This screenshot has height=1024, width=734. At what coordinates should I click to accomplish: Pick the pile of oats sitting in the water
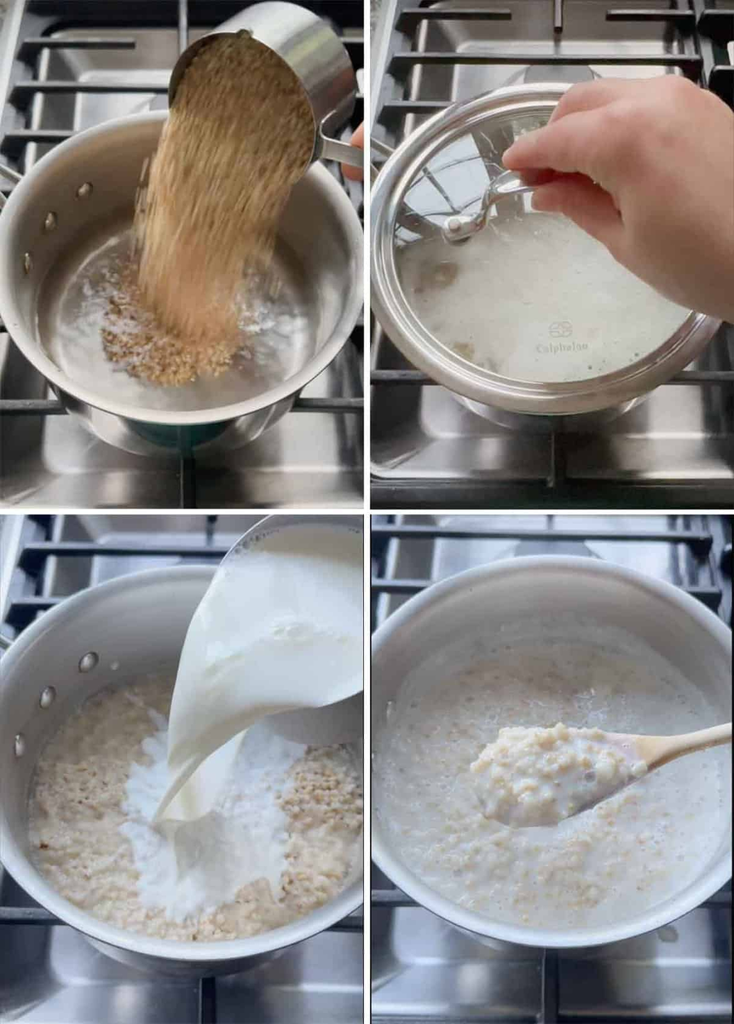click(x=170, y=341)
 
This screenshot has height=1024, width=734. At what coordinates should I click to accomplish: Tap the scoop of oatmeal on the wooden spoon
click(x=546, y=772)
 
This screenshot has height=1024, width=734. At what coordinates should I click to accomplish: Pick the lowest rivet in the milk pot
click(x=20, y=744)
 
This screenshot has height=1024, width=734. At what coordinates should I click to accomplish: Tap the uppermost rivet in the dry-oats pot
click(x=84, y=190)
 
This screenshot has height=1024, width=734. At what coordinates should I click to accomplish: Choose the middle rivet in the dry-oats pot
click(x=49, y=221)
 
